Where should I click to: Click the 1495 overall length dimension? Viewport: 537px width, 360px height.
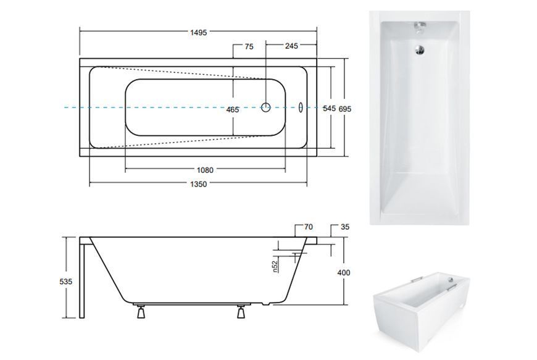[199, 33]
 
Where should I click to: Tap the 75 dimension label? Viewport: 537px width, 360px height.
[249, 46]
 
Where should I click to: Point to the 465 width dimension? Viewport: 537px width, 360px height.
[233, 110]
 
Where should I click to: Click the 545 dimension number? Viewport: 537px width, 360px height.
[329, 109]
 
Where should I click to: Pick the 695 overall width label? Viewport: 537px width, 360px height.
[345, 109]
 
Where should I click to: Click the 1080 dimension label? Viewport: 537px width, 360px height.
[205, 170]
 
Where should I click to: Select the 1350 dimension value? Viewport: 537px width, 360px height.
[199, 184]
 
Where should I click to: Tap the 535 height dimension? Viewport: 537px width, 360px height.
[66, 282]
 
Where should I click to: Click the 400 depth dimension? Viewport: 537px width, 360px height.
[344, 273]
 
